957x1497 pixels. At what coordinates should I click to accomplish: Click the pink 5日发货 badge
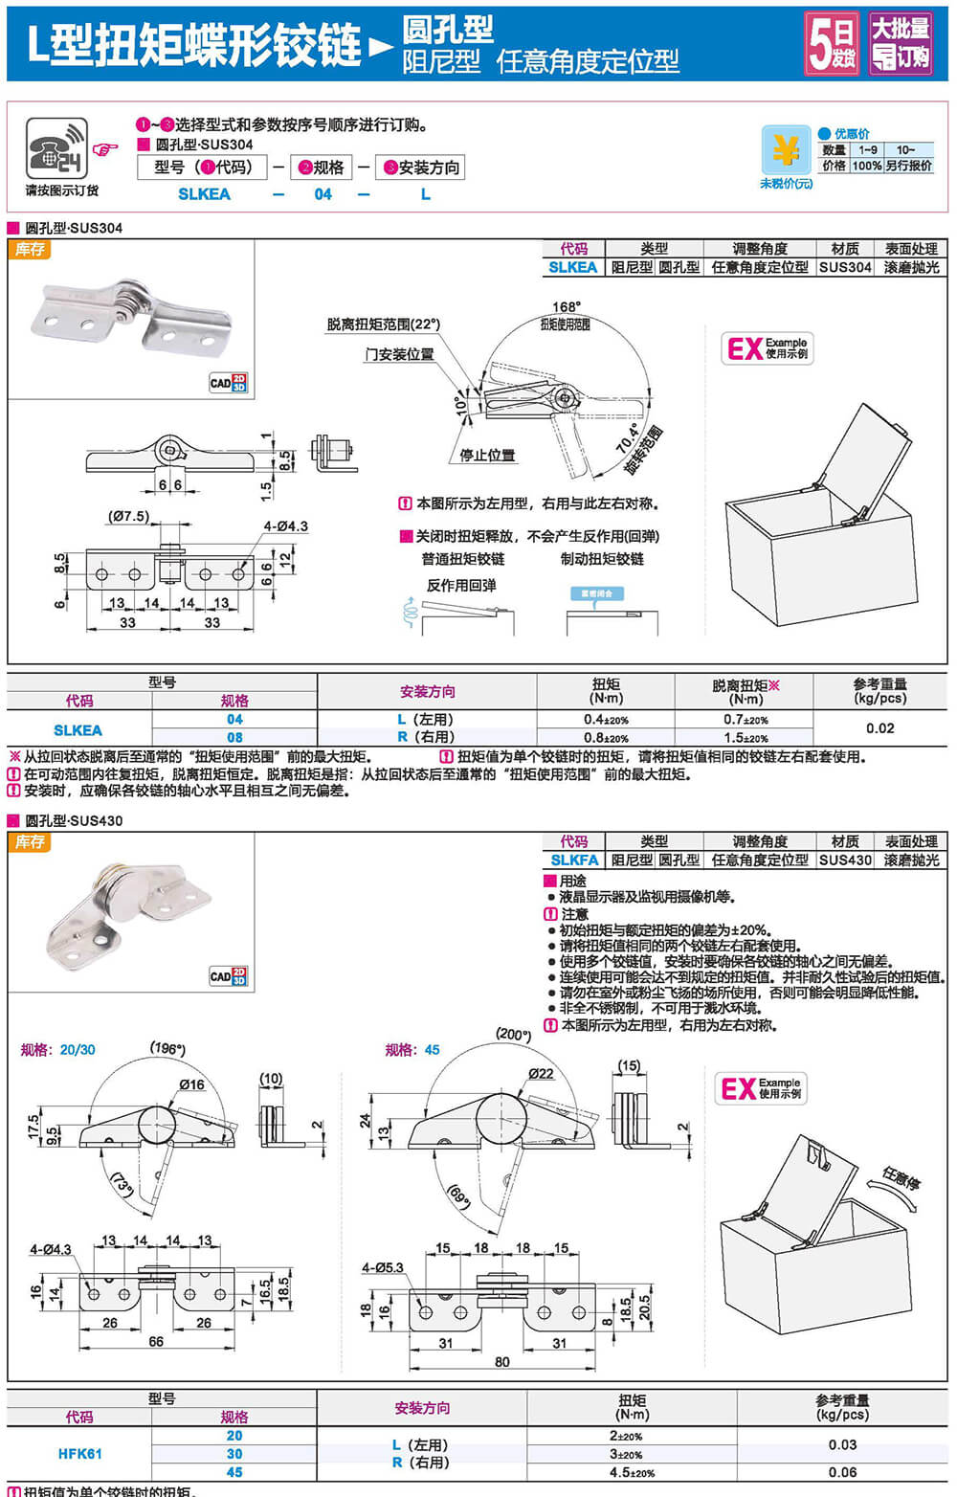831,44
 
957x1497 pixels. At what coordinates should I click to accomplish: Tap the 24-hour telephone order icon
56,148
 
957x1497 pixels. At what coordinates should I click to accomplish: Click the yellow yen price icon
786,150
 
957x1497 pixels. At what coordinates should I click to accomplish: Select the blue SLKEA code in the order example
204,194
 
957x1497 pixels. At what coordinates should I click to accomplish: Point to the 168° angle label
566,307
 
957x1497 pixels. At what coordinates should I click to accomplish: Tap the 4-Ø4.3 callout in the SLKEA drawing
285,526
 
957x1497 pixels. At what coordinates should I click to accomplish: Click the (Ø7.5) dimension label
129,516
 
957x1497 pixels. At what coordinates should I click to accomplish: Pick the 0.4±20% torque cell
606,720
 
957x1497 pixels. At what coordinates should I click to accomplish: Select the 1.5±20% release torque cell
746,738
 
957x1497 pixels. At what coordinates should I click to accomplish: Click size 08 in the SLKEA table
234,738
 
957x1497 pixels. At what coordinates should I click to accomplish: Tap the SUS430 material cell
845,860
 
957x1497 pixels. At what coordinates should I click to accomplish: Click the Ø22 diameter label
541,1073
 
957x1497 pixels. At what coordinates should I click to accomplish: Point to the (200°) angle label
513,1034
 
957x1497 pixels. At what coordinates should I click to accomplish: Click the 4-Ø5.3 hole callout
382,1267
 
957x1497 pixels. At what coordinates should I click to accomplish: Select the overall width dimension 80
502,1361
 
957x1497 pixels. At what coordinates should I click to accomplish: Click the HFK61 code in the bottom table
79,1453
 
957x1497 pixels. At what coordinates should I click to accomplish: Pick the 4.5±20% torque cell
632,1472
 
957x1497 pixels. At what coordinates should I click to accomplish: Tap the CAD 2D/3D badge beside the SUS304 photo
228,383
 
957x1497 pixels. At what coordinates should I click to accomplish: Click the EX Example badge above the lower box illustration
762,1088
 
